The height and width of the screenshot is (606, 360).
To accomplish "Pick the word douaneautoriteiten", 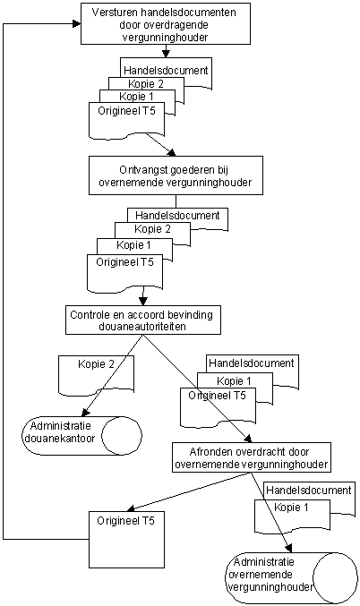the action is [x=142, y=327].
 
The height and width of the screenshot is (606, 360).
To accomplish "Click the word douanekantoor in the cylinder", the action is [x=59, y=439].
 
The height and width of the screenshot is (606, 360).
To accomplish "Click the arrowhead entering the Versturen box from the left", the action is [x=77, y=24].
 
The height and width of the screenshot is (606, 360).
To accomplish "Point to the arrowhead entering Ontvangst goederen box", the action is [x=172, y=153].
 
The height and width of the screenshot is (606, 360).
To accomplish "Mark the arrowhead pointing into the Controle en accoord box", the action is [x=143, y=302].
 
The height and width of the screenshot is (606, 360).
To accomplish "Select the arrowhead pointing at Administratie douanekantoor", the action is [x=86, y=413].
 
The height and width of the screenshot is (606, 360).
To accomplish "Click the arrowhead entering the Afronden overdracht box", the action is [x=248, y=439].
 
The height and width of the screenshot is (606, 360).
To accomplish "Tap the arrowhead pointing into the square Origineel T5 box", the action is [x=132, y=508].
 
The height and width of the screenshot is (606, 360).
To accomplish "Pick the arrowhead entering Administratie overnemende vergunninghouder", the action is [x=289, y=548].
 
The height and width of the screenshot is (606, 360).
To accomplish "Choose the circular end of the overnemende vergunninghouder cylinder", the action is [x=335, y=577].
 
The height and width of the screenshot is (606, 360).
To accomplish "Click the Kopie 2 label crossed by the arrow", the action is [x=97, y=364].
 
